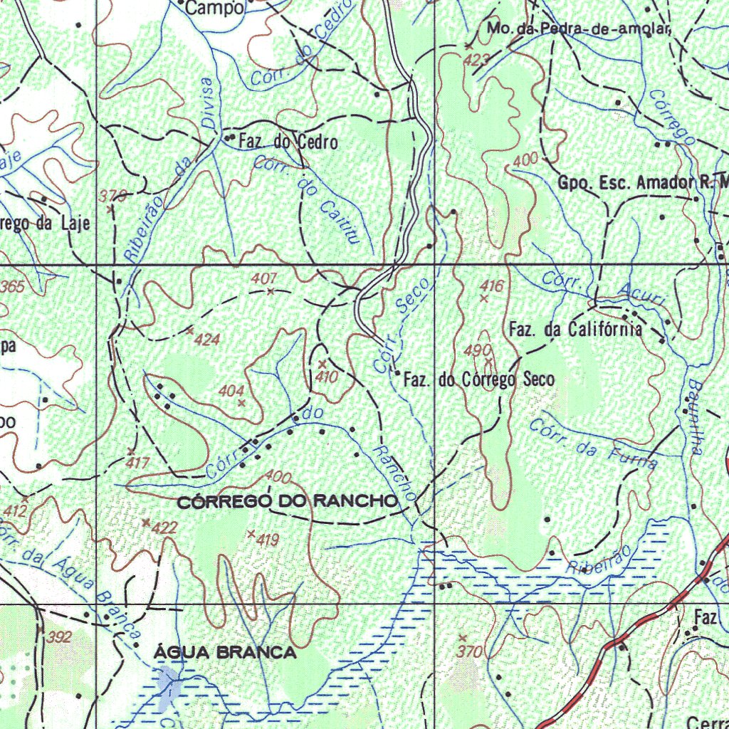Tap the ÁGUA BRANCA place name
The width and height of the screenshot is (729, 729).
point(225,653)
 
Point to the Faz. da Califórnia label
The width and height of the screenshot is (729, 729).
point(575,330)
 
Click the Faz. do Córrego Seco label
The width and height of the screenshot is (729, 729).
point(478,380)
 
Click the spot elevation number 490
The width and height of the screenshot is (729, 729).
point(477,350)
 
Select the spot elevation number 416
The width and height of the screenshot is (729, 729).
point(491,286)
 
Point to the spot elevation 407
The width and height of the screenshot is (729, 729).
point(263,279)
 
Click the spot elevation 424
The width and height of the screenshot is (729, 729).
point(206,340)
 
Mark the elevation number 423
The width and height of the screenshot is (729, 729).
point(475,61)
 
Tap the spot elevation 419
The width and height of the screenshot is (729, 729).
point(266,541)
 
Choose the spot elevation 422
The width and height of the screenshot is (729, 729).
point(164,528)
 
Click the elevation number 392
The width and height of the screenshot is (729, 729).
point(59,637)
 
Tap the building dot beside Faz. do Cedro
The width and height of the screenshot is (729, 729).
point(229,137)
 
